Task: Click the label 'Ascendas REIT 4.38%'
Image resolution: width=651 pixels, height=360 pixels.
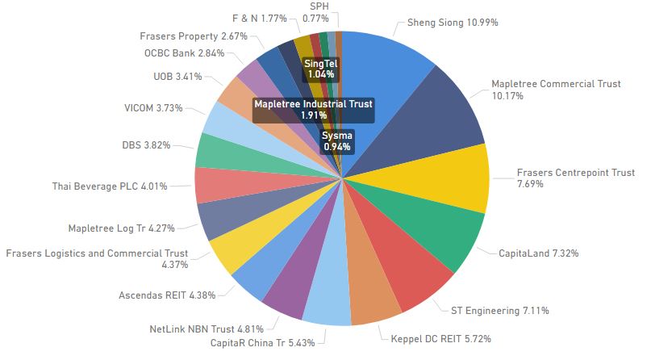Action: tap(167, 295)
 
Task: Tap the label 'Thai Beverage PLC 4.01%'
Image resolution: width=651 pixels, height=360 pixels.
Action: tap(110, 186)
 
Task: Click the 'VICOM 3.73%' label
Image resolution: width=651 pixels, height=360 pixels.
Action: tap(153, 108)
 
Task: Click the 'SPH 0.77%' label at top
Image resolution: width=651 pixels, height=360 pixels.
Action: tap(319, 11)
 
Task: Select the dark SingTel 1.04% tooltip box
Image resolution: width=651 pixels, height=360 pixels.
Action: tap(319, 69)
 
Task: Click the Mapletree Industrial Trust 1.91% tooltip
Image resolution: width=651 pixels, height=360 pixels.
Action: tap(313, 110)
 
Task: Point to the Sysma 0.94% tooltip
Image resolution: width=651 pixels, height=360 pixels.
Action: tap(338, 141)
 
